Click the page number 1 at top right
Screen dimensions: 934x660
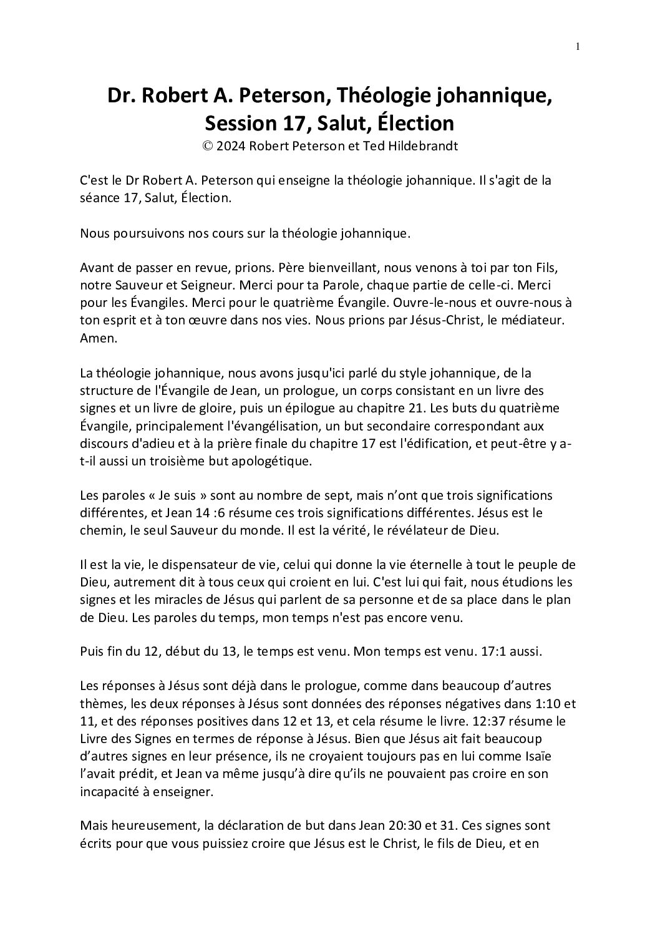tap(578, 46)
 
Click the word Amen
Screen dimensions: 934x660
tap(94, 335)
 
